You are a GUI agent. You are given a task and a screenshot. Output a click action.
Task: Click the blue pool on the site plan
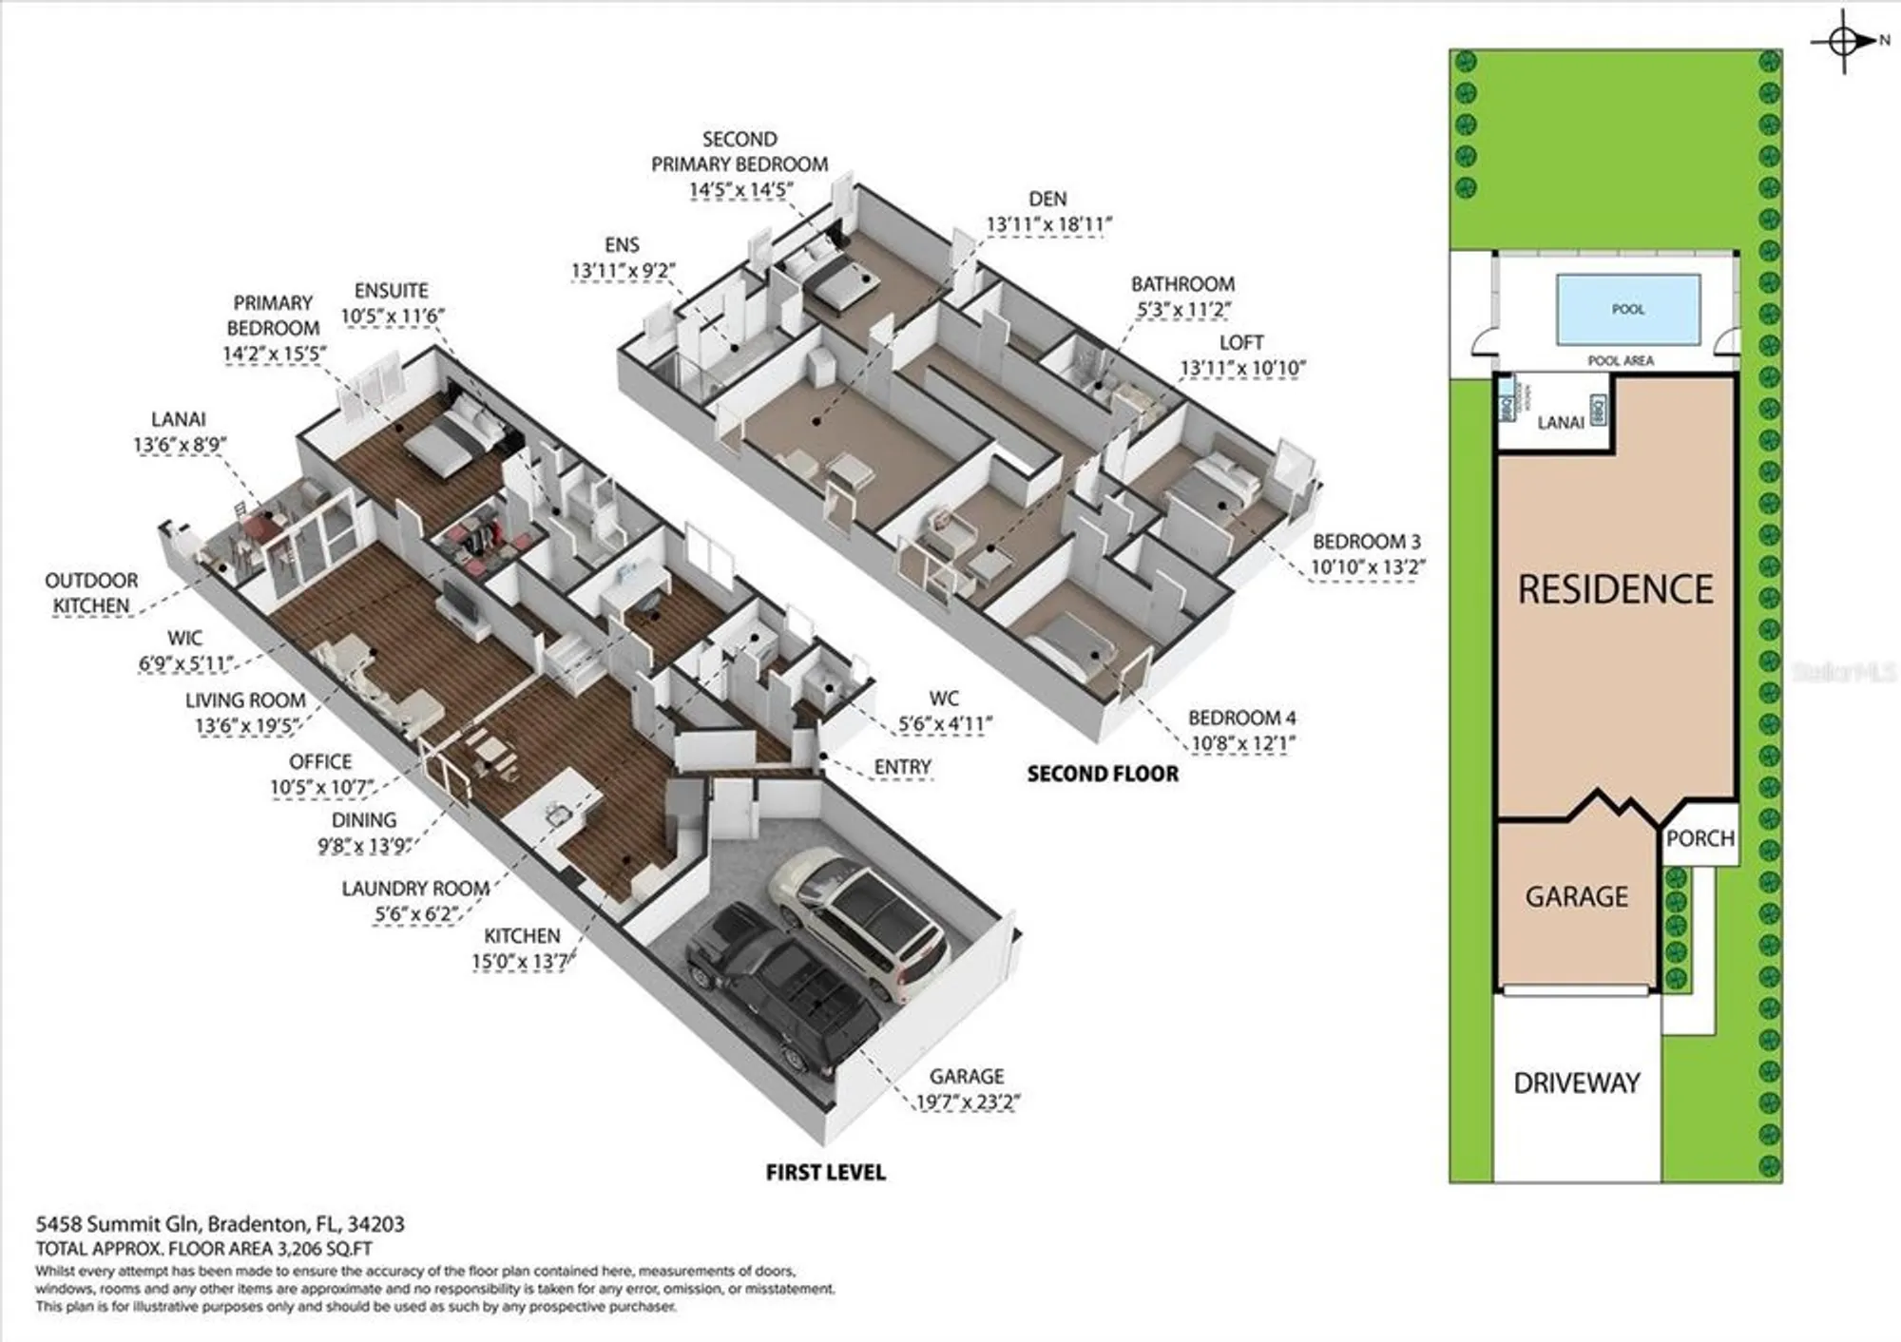1627,309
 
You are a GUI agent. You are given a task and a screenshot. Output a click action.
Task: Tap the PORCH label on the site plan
1700,838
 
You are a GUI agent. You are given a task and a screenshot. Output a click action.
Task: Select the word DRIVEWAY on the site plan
1576,1083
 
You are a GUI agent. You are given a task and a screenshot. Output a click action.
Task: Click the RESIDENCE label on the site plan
1615,589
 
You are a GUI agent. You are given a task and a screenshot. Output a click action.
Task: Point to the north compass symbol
1844,41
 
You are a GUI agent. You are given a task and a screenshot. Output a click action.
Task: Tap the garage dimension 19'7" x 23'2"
968,1102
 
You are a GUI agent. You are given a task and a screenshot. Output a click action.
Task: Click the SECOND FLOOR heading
1103,774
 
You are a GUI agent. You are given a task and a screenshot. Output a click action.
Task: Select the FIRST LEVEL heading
825,1173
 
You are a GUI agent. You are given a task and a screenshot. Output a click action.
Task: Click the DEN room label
1047,199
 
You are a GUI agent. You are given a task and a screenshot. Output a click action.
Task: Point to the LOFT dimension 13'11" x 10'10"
1242,368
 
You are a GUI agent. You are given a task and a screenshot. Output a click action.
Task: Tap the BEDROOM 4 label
1241,718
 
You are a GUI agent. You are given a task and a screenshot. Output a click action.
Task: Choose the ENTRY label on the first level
902,767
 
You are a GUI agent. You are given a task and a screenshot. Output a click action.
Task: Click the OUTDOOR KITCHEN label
91,593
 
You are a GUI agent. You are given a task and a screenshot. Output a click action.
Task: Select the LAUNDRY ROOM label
415,889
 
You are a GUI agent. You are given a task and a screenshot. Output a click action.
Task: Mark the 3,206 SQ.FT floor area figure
324,1249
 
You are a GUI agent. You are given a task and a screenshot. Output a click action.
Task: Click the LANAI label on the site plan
1560,422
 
